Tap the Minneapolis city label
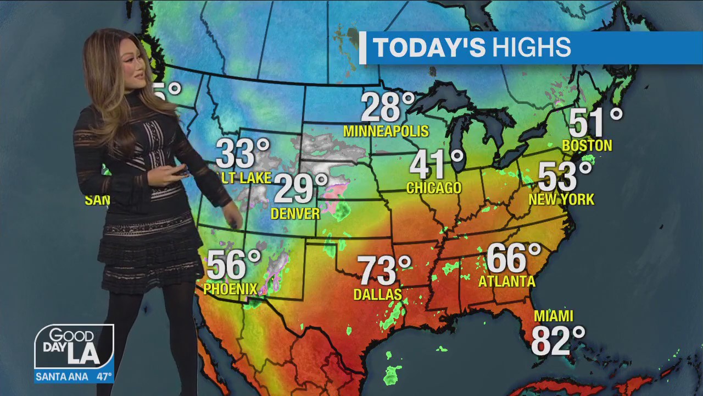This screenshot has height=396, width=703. (x=386, y=131)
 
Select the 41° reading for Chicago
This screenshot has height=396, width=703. (x=436, y=164)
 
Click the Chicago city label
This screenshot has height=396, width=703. (x=433, y=188)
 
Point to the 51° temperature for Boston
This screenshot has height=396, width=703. (x=595, y=123)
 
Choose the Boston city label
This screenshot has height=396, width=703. (x=587, y=146)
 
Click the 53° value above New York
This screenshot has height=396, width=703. (x=565, y=176)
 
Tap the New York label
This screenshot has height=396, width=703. (x=561, y=199)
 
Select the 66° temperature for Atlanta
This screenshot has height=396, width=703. (x=513, y=258)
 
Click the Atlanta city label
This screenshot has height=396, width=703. (x=506, y=282)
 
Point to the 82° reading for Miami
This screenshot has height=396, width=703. (x=557, y=340)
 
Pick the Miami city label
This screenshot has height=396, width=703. (x=554, y=316)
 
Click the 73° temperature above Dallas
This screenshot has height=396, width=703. (x=384, y=271)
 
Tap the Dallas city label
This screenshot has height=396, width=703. (x=377, y=295)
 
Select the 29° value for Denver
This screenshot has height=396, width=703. (x=300, y=189)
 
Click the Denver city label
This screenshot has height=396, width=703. (x=295, y=213)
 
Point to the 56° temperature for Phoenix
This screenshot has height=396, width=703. (x=233, y=265)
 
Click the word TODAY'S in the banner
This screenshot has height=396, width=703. (x=429, y=48)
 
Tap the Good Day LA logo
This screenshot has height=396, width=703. (x=74, y=347)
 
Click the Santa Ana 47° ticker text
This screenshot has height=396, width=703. (x=74, y=377)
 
